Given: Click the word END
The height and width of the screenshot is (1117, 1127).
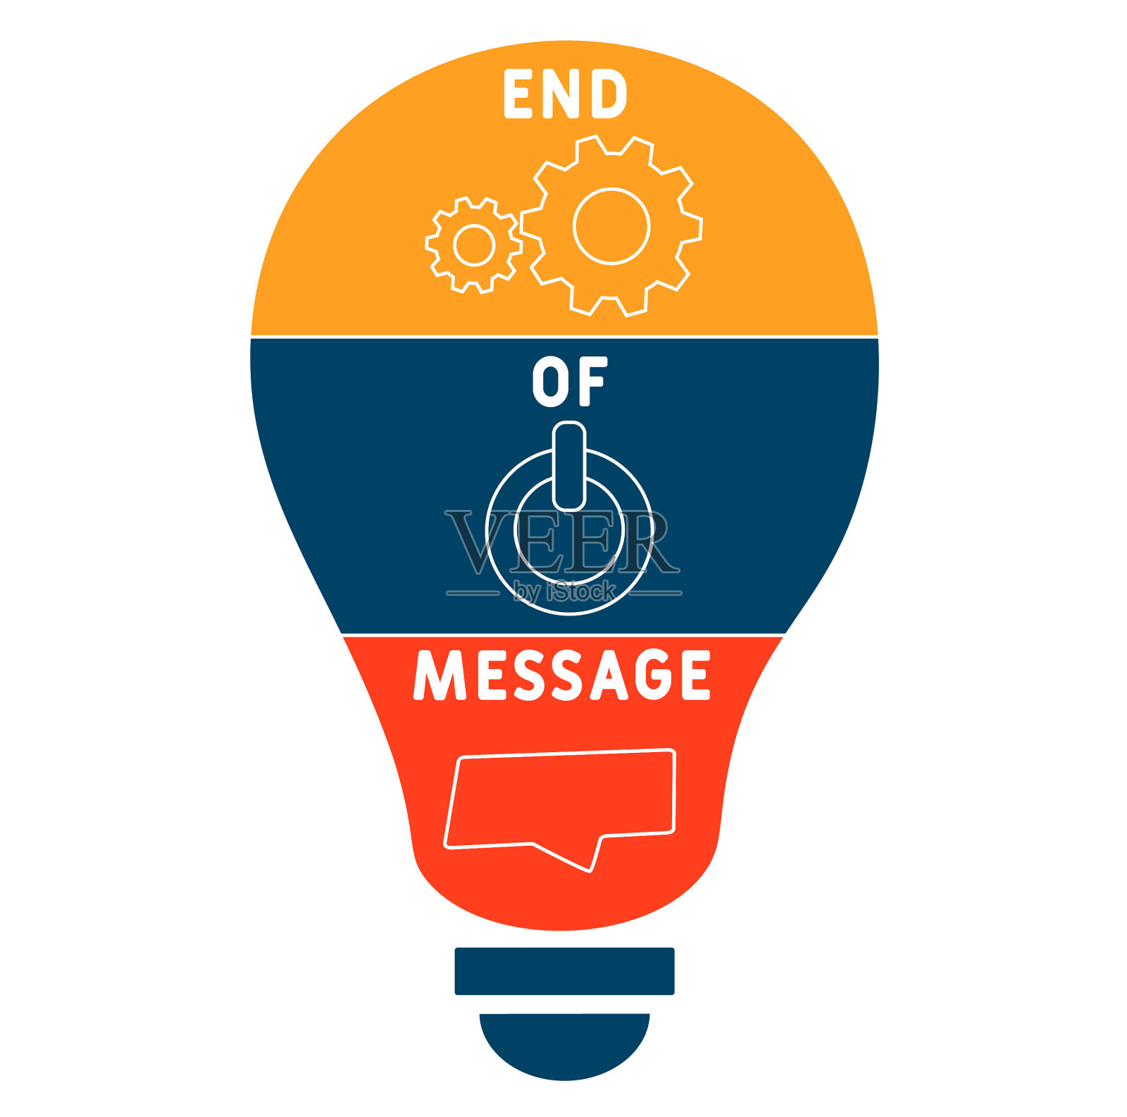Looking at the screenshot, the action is coord(565,94).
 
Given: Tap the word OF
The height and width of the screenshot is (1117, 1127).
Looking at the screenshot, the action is coord(570,382).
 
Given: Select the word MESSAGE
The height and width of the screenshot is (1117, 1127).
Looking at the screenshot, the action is coord(562,675).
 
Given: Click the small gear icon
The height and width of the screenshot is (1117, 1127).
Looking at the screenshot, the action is coord(474,244).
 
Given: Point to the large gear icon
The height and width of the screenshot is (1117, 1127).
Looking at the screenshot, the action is coord(611,225).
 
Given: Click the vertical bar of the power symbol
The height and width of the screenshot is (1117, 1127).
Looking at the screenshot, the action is coord(569,466).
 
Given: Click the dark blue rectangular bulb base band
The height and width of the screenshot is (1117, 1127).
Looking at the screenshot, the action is coord(564,971).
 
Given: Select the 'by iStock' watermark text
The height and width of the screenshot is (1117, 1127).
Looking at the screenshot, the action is coord(564,591).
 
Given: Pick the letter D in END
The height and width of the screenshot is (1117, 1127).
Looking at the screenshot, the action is coord(608,94).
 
